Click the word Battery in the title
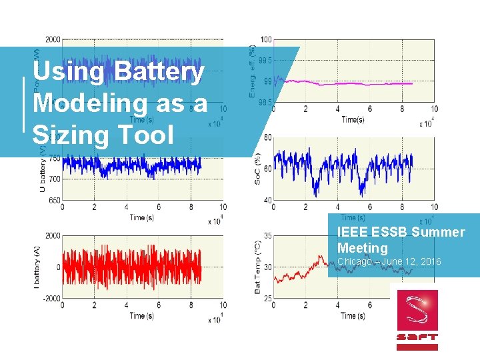(x=159, y=71)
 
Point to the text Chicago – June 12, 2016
(x=389, y=262)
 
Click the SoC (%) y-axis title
(x=258, y=169)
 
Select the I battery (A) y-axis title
(x=37, y=267)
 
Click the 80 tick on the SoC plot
(x=267, y=137)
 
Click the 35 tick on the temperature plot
(x=267, y=235)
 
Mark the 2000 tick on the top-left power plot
(x=52, y=39)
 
